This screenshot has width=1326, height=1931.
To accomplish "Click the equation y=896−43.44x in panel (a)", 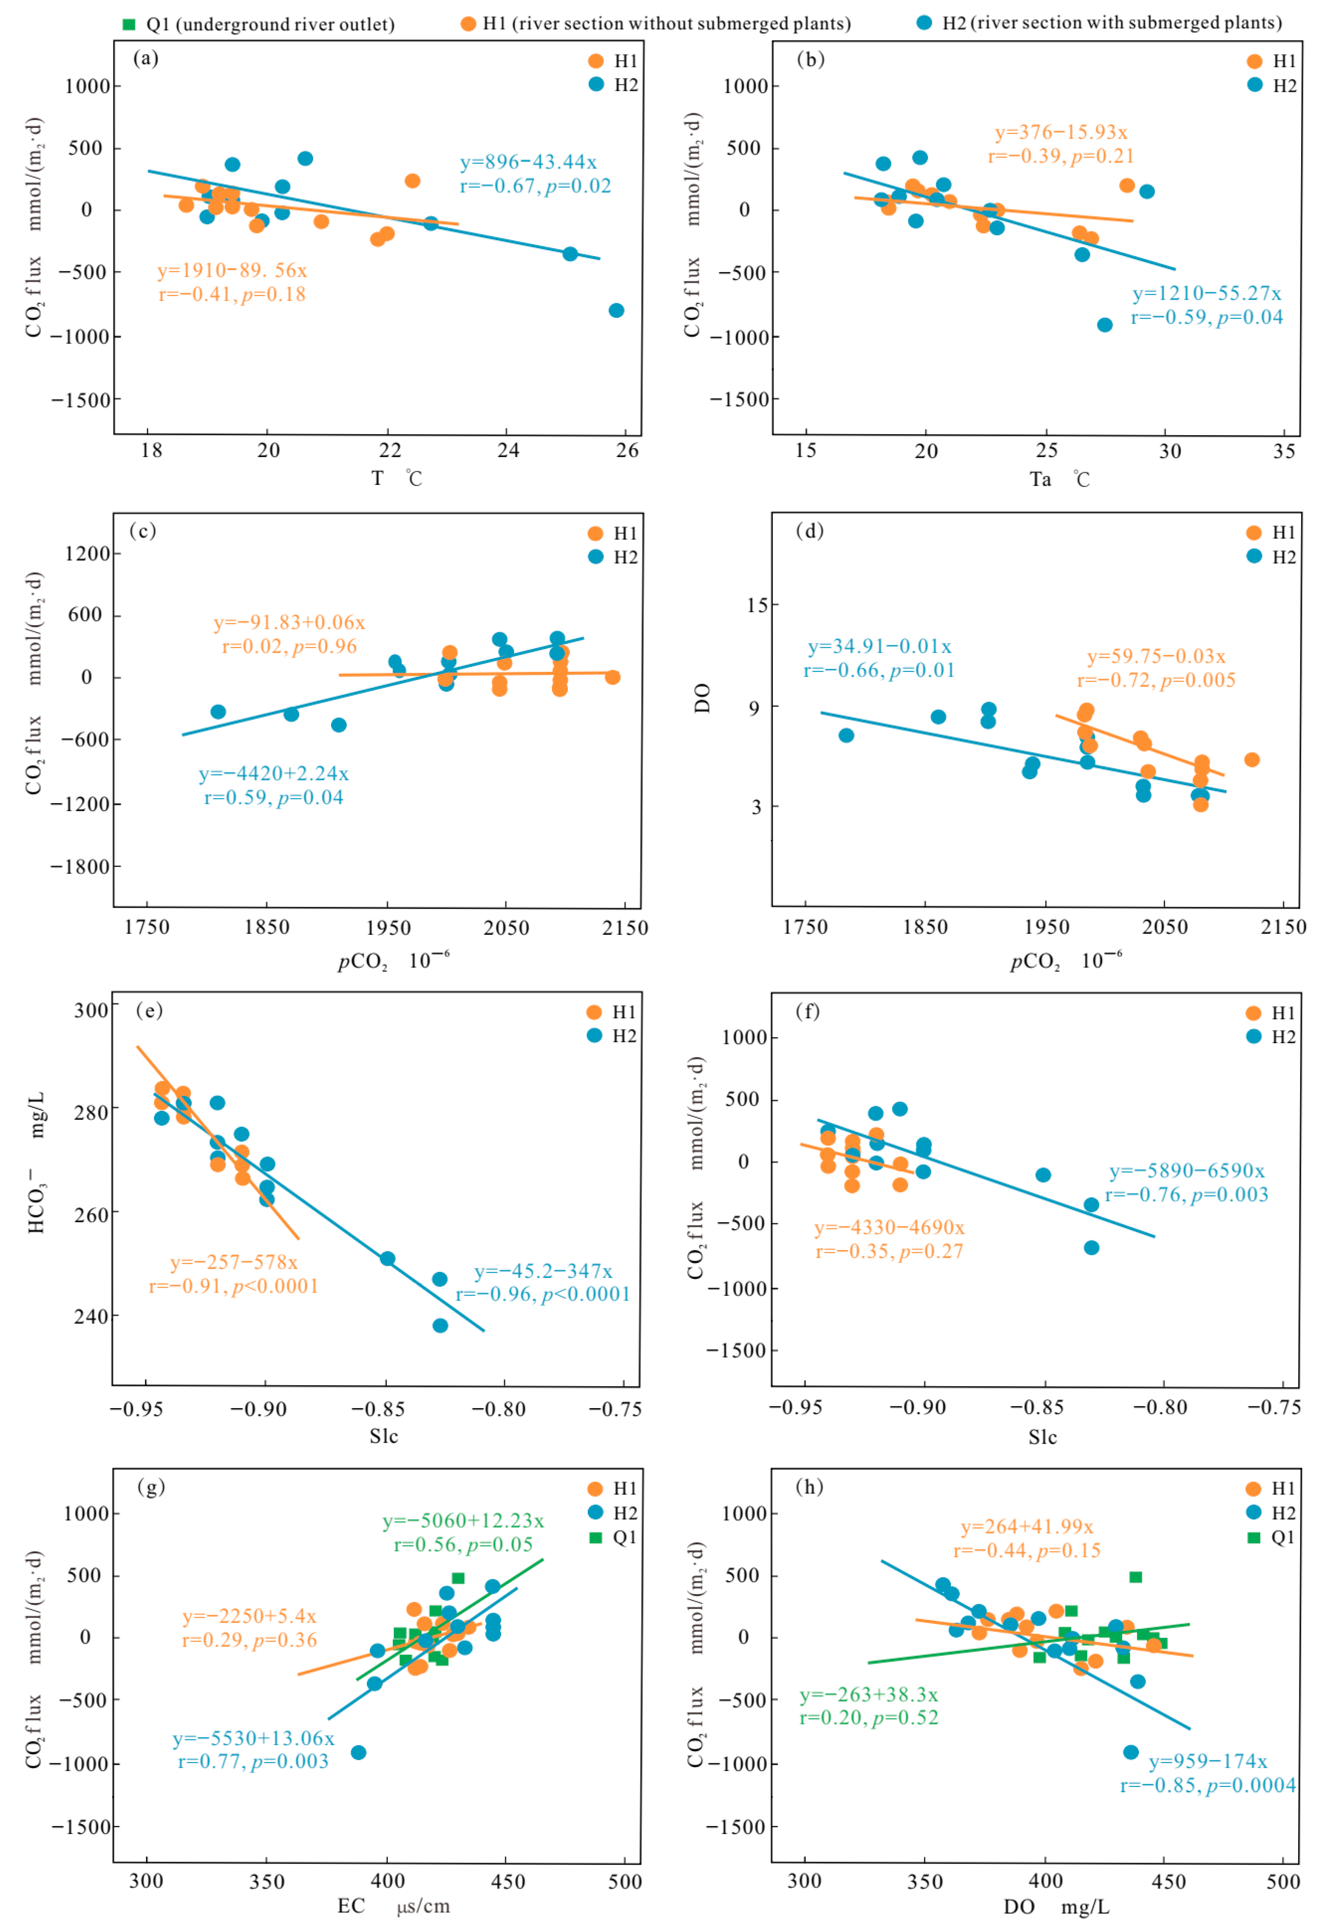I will [528, 162].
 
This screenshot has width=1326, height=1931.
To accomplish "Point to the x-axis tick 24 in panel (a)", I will [508, 450].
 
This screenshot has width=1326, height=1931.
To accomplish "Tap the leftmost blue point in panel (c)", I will [219, 712].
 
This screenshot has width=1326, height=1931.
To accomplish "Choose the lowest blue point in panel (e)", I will [440, 1325].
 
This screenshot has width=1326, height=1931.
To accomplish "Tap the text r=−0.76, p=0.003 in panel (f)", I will [1186, 1195].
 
